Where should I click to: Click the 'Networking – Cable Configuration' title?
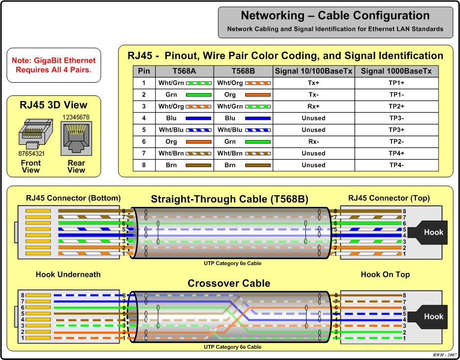point(335,16)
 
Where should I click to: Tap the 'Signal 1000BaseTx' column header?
point(396,71)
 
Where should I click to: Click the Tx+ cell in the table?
point(313,83)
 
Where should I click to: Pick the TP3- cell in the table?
point(396,118)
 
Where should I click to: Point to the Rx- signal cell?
point(313,142)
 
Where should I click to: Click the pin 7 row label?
point(144,154)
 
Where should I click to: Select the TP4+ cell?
point(396,154)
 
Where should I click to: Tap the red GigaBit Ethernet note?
point(54,66)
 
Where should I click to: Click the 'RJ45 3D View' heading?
point(53,105)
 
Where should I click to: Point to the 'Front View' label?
point(31,167)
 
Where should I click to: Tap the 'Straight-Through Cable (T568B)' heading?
point(229,199)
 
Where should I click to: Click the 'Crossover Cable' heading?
point(229,284)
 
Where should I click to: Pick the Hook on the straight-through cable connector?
point(433,232)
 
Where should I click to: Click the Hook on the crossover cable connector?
point(433,316)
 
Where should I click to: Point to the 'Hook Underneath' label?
point(68,274)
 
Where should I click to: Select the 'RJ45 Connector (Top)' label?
point(389,198)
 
